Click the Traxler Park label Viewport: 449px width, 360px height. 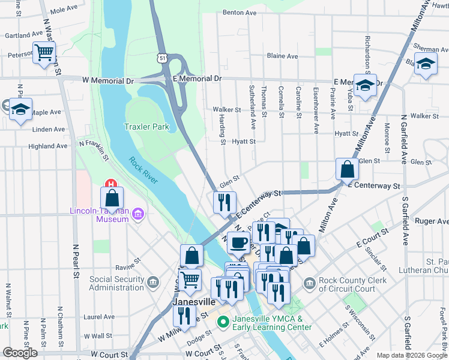point(146,127)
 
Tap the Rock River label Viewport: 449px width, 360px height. point(143,170)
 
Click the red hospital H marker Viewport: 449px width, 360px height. point(110,184)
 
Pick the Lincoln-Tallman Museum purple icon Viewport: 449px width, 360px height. point(139,214)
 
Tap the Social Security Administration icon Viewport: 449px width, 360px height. point(153,281)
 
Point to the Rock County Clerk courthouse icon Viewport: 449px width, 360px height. point(309,282)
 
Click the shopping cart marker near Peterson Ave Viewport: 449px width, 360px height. point(44,53)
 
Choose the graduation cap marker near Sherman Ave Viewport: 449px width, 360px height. point(426,64)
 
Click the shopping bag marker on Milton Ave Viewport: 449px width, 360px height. point(347,170)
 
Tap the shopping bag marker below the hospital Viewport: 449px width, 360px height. point(112,198)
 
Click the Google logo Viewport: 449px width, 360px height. point(20,352)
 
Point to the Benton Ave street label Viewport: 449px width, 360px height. point(240,12)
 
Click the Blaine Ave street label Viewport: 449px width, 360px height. point(282,56)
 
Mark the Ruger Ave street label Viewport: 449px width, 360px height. point(429,221)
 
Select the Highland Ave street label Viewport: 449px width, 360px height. point(48,146)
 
